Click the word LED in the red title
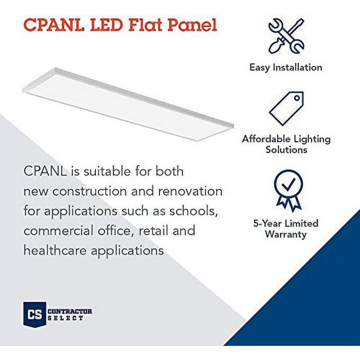tap(106, 25)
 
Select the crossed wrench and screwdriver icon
tap(286, 36)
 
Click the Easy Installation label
tap(286, 68)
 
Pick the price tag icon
tap(286, 109)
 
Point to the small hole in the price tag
tap(297, 98)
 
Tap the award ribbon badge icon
tap(288, 191)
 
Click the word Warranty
tap(286, 235)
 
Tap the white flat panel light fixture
tap(128, 104)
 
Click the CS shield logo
tap(35, 314)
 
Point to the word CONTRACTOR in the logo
tap(70, 312)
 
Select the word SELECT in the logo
tap(65, 318)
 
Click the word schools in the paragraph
tap(194, 211)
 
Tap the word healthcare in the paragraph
tap(55, 250)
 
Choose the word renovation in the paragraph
tap(191, 191)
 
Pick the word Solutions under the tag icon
tap(286, 149)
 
